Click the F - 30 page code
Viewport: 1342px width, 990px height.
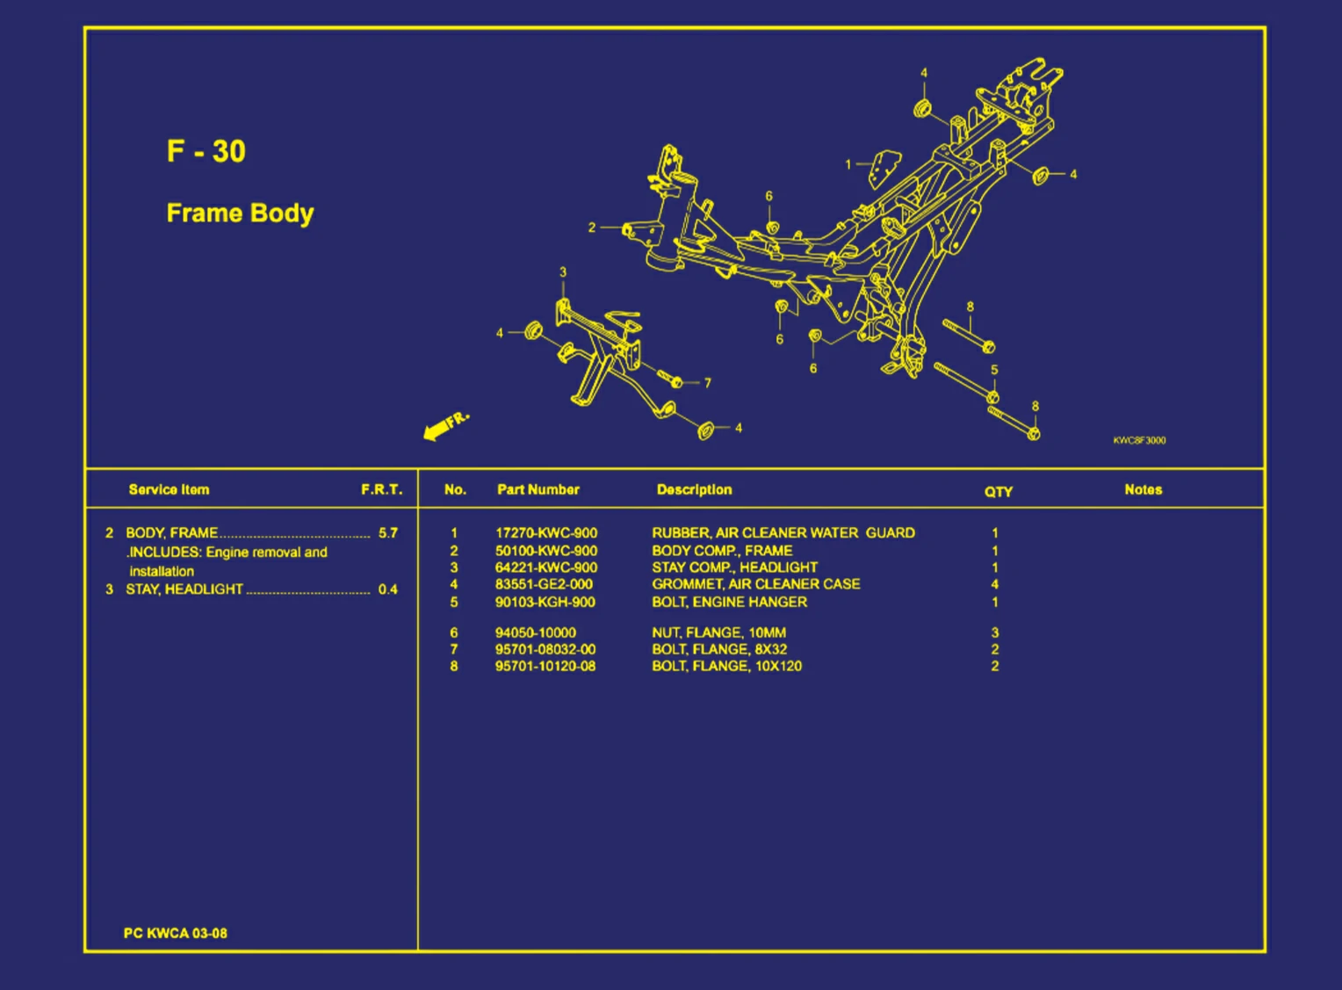pos(206,151)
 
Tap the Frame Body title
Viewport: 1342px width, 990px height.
pos(241,213)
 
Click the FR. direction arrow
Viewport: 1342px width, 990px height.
pos(446,426)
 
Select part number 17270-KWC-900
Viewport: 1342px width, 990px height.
pos(545,532)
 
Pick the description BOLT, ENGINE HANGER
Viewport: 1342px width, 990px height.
pos(729,602)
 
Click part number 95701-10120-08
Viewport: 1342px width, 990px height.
pos(545,666)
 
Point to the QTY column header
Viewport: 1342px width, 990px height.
pos(998,491)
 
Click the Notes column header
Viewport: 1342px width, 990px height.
pos(1144,489)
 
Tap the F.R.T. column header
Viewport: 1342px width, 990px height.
pos(382,489)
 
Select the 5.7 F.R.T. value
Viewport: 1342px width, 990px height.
pos(387,532)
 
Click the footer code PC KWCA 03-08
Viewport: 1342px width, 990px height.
pos(175,933)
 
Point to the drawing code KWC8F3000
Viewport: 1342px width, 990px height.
pos(1139,440)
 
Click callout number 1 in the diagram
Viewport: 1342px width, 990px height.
pos(848,164)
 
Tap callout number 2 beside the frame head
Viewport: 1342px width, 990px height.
pos(592,228)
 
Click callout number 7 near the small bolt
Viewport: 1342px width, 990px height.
pos(708,383)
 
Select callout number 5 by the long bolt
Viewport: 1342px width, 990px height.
pos(994,370)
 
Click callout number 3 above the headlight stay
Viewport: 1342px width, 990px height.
pos(563,272)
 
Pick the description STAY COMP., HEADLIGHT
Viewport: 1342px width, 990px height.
pos(734,567)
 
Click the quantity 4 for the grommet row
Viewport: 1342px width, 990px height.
pos(995,583)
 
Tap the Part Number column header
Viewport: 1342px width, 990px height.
pos(538,489)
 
